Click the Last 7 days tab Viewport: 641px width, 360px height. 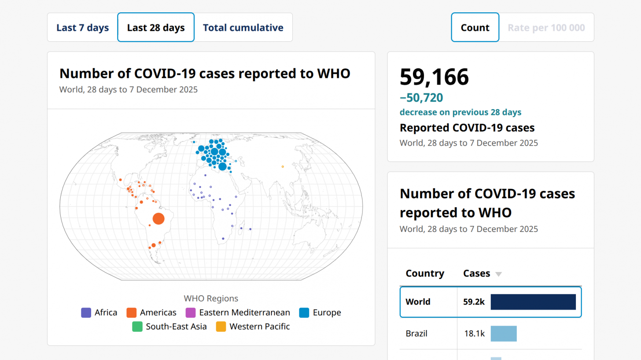(x=82, y=28)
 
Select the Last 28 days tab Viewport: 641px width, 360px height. (x=156, y=28)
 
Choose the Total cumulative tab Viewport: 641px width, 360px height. (x=243, y=28)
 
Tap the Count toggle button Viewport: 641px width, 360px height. (x=475, y=28)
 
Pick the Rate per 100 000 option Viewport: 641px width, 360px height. (x=546, y=28)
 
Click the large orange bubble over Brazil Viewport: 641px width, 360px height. (x=158, y=218)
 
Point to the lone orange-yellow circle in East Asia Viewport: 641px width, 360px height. (x=283, y=166)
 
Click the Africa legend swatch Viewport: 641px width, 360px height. (x=86, y=313)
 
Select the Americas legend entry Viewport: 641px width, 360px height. (x=151, y=313)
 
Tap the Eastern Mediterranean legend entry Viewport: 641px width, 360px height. (x=238, y=313)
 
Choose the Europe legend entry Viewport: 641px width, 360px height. (x=320, y=313)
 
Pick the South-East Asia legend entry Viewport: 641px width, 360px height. (x=169, y=327)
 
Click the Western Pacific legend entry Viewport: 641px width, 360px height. (x=253, y=327)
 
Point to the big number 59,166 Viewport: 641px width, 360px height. (x=434, y=77)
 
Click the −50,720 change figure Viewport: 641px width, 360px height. (x=421, y=98)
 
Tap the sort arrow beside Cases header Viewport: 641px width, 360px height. (x=498, y=274)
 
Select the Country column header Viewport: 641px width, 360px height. (x=425, y=273)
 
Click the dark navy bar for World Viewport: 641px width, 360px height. (x=533, y=302)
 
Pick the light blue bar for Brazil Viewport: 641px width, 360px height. (x=504, y=334)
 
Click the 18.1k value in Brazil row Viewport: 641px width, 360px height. (x=474, y=334)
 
